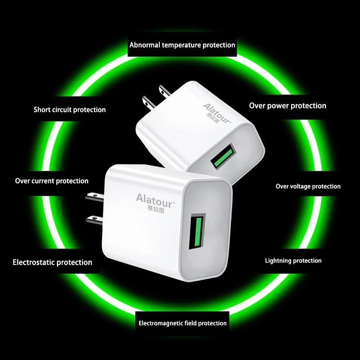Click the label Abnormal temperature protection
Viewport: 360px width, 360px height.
pos(182,45)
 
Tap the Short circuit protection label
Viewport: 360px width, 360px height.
pos(70,109)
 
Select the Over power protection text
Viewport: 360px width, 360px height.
pos(288,106)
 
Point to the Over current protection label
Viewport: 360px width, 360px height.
pos(52,181)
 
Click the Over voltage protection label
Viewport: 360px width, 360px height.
pos(308,186)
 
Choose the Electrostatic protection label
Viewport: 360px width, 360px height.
pos(52,262)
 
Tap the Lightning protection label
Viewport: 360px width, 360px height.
pos(293,261)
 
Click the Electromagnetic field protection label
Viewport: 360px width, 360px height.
pos(183,323)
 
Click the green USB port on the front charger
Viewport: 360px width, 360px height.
pos(197,231)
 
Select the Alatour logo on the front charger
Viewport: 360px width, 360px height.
pos(155,201)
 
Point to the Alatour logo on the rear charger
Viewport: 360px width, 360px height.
pos(217,113)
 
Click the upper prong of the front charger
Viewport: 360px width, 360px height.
pos(94,197)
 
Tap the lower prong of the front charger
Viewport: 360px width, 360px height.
pos(94,220)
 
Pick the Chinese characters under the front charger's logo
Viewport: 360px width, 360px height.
pos(156,210)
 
